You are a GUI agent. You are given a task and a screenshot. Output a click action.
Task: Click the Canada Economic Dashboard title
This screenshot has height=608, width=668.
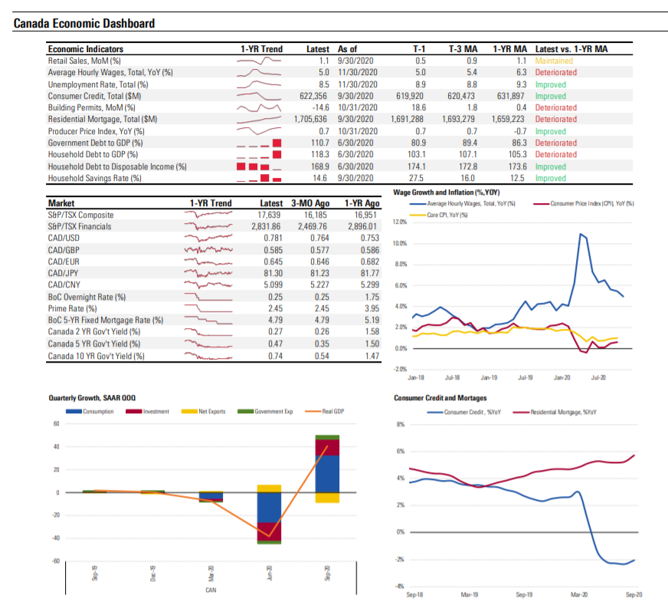tap(84, 23)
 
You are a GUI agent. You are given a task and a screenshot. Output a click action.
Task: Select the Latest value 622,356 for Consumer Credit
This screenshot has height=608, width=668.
tap(313, 96)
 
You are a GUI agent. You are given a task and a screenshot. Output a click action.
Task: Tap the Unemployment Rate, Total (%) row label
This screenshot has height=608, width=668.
tap(98, 84)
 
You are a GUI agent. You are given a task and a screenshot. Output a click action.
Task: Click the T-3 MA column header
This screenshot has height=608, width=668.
tap(462, 49)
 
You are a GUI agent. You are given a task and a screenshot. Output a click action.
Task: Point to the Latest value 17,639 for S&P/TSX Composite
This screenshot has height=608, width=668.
tap(269, 215)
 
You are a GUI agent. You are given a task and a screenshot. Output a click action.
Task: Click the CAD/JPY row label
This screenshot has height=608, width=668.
tap(63, 273)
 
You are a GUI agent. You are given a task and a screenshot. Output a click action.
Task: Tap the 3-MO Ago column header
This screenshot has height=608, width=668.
tap(309, 203)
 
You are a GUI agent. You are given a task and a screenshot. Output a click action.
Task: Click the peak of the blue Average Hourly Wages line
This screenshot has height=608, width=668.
tap(581, 233)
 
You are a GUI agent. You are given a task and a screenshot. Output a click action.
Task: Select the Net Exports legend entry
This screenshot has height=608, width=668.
tap(211, 412)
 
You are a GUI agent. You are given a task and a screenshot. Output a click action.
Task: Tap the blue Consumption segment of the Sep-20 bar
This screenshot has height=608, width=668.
tap(327, 473)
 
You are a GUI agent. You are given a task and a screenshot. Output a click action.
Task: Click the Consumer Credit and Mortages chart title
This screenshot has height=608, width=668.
tap(439, 399)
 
